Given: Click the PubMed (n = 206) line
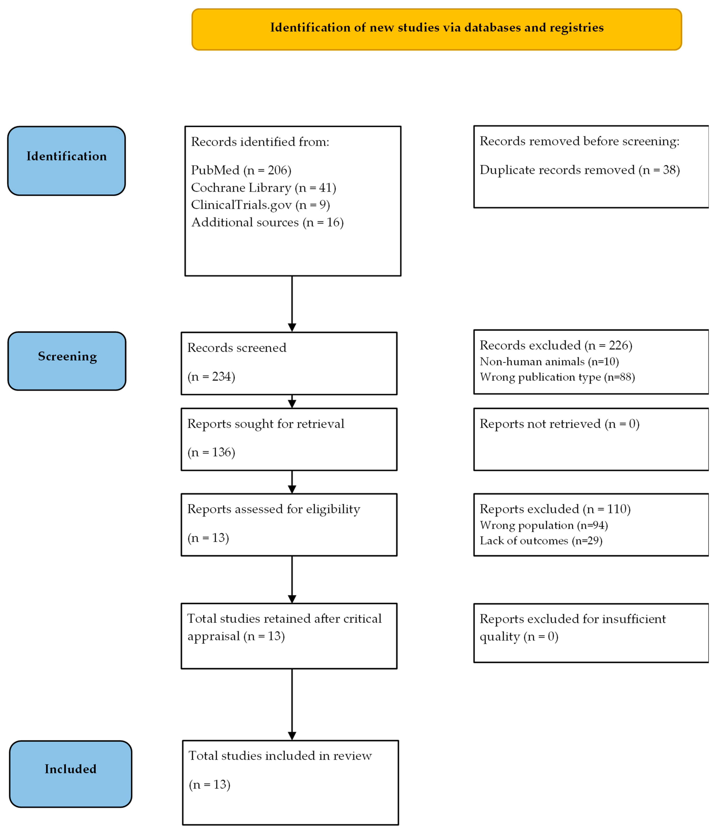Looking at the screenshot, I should tap(241, 170).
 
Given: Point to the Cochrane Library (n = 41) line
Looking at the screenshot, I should tap(263, 188).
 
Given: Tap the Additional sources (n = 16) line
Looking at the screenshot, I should tap(267, 222).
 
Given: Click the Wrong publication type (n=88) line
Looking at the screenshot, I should tap(557, 377).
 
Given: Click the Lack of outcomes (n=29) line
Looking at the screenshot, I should tap(541, 541).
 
